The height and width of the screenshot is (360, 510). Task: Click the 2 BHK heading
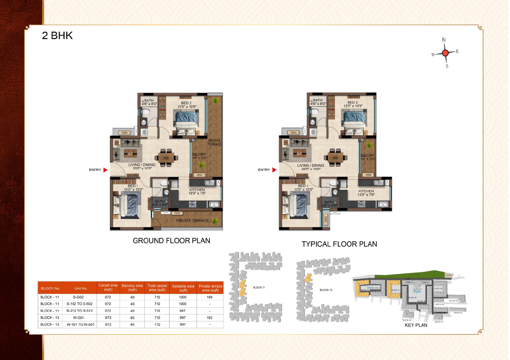point(57,36)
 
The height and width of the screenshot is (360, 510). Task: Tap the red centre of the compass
point(445,53)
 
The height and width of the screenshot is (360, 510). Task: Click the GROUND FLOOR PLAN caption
point(171,240)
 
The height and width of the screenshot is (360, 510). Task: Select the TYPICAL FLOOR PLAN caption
point(339,244)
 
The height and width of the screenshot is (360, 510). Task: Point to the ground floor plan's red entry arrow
point(105,170)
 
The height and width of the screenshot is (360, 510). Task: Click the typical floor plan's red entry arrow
point(274,170)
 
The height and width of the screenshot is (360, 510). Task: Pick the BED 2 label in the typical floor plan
point(352,102)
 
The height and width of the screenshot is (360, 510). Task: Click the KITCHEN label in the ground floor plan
point(197,189)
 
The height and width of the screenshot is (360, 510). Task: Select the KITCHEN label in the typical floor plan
point(367,191)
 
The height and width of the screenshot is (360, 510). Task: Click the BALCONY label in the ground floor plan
point(199,154)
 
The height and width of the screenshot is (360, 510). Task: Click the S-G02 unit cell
point(81,297)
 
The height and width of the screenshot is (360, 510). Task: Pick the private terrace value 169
point(210,297)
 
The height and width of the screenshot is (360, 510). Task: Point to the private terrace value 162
point(210,318)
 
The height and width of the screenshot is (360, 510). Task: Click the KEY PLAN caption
point(416,325)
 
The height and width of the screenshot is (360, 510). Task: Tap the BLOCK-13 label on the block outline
point(326,290)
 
